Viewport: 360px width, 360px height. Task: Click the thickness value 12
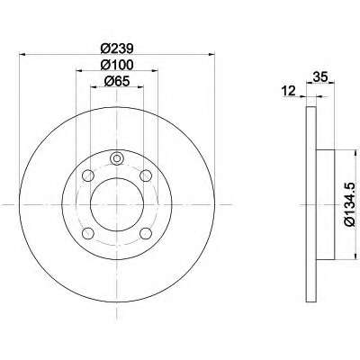click(x=288, y=91)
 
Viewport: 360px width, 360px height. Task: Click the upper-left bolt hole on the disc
click(x=89, y=175)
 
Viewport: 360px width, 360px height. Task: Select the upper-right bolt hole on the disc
click(x=145, y=175)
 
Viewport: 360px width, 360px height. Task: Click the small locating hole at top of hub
click(x=117, y=160)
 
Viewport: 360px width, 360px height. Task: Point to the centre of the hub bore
click(x=117, y=203)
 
